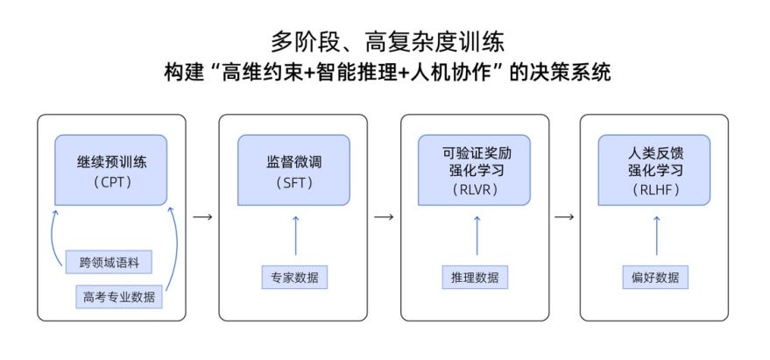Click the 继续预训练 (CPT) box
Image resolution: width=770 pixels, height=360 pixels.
coord(110,170)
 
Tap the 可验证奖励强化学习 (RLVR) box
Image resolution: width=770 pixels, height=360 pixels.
coord(476,170)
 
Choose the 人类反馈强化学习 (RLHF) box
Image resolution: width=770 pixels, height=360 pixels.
coord(655,170)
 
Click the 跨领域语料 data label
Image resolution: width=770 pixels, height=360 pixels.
coord(109,261)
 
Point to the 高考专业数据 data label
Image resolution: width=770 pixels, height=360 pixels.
coord(118,296)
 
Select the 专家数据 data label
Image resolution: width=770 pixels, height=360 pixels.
coord(294,278)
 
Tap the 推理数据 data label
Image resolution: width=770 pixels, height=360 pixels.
coord(476,278)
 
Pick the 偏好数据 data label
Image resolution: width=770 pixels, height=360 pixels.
coord(655,278)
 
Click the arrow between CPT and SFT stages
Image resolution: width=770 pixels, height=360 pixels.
coord(202,216)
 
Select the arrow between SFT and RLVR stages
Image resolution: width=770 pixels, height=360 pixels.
coord(384,216)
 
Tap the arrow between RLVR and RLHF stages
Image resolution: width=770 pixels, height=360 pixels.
coord(565,216)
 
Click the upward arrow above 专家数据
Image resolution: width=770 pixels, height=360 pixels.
coord(294,236)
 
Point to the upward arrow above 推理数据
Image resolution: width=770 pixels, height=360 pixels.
coord(476,236)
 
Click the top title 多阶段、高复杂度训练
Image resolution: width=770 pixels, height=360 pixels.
coord(385,41)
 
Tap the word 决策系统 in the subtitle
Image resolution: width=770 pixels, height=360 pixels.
coord(573,74)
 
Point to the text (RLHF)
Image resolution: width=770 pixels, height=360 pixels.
coord(655,188)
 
